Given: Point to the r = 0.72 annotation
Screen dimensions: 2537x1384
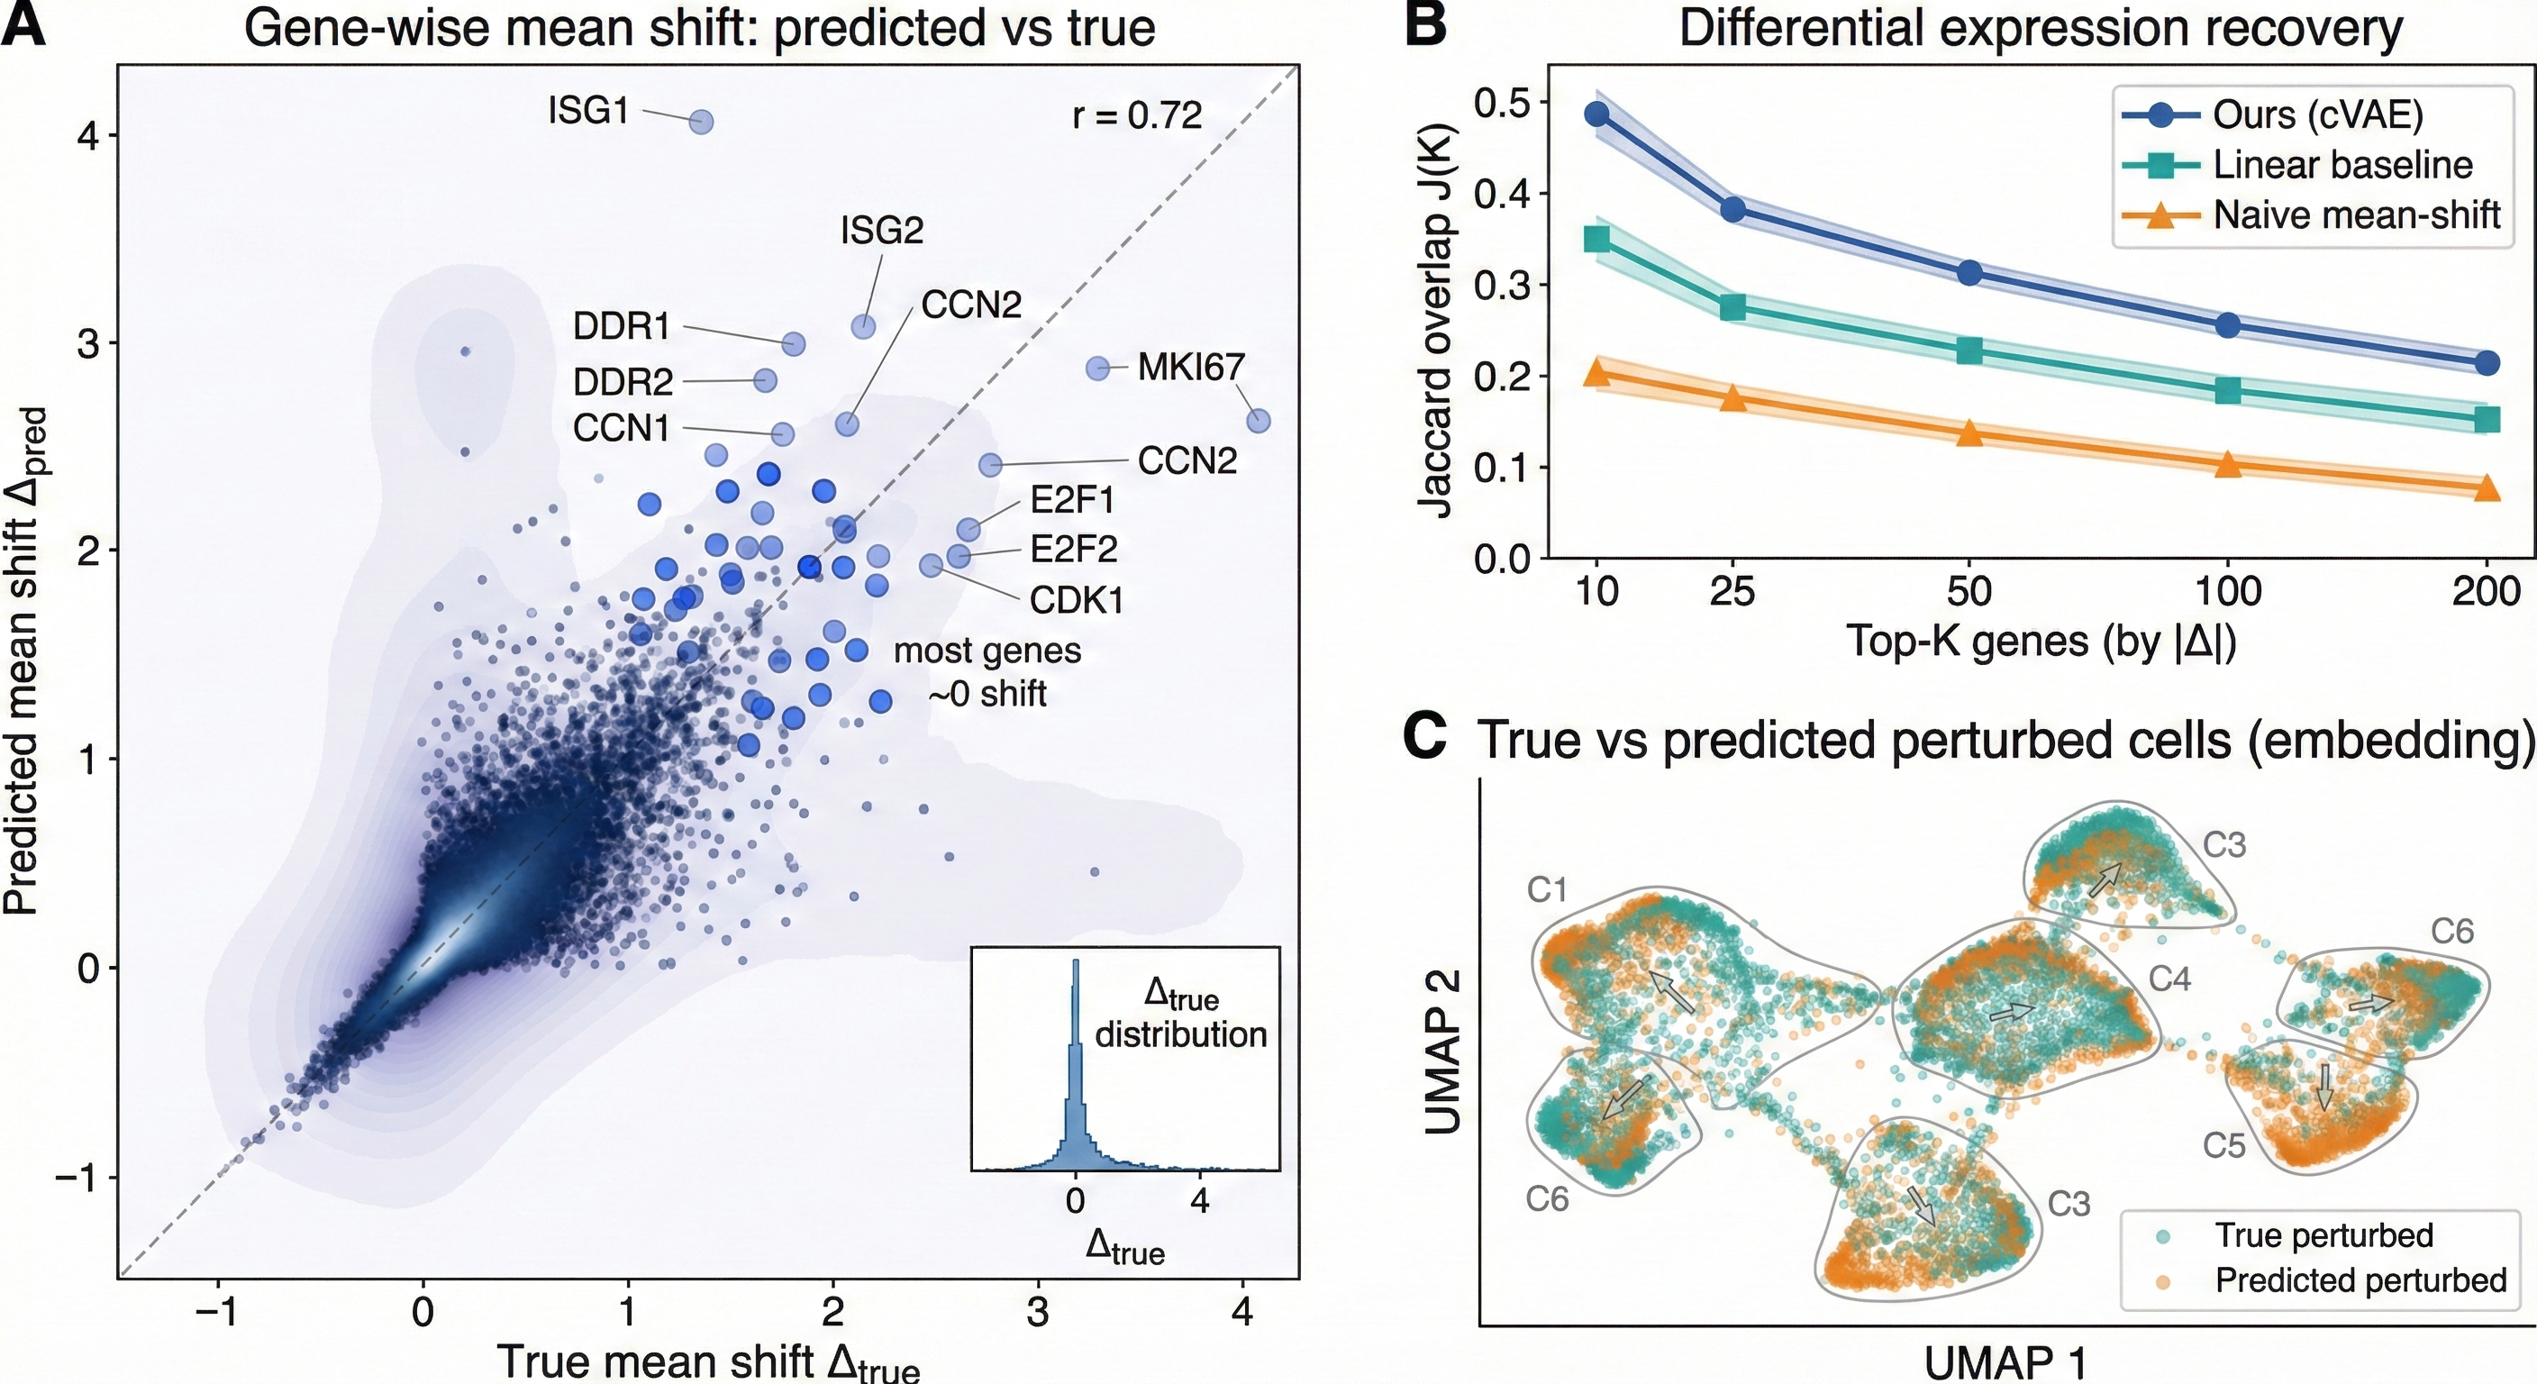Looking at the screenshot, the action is coord(1137,116).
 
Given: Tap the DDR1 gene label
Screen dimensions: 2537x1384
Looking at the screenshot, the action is coord(622,326).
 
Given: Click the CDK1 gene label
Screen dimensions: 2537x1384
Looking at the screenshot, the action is coord(1077,600).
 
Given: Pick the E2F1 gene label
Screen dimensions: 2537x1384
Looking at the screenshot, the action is coord(1072,500).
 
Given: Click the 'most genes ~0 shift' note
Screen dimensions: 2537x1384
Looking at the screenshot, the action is coord(987,672).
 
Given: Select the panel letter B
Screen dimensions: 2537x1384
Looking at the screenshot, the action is coord(1425,25).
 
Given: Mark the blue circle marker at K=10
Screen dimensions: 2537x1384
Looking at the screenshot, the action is coord(1596,114).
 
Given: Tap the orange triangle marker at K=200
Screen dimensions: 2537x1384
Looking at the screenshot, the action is coord(2487,487).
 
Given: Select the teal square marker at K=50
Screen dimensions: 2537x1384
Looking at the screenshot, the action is coord(1969,351).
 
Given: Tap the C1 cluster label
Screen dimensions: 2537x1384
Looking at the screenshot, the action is coord(1546,890).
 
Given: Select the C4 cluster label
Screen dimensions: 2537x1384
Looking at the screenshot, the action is coord(2169,979).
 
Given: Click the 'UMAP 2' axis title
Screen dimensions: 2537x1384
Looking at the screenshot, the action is coord(1441,1049).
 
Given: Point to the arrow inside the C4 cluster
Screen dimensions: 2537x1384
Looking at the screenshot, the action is coord(2011,1012).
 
